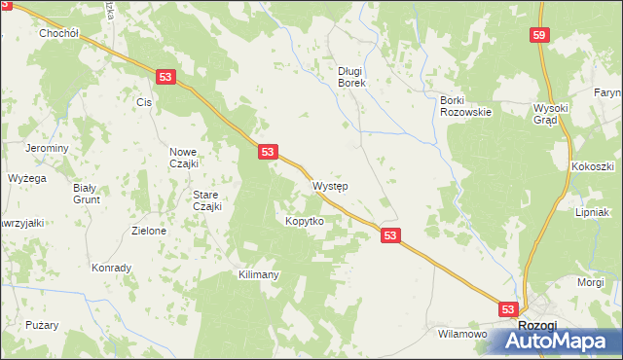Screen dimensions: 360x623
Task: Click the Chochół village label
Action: click(x=57, y=32)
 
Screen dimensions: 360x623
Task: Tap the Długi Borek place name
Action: click(x=350, y=77)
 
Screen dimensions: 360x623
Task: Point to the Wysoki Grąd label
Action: click(x=557, y=115)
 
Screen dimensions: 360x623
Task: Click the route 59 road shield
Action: click(x=539, y=35)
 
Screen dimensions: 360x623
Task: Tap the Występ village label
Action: click(x=331, y=185)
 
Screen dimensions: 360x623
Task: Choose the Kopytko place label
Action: click(x=304, y=221)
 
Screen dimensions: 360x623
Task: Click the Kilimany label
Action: click(x=259, y=274)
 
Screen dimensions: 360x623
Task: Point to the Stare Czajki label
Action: click(x=206, y=200)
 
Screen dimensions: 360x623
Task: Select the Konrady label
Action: click(x=111, y=268)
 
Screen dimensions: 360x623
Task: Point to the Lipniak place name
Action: click(x=592, y=211)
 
